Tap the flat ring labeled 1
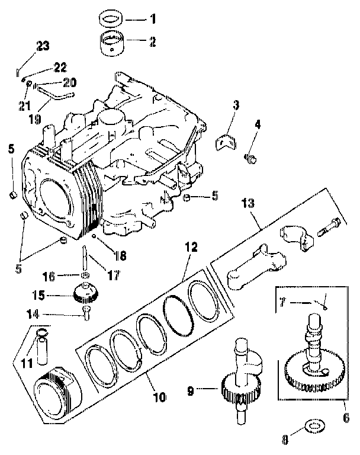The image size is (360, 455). point(110,18)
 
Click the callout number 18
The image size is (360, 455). point(121,256)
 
